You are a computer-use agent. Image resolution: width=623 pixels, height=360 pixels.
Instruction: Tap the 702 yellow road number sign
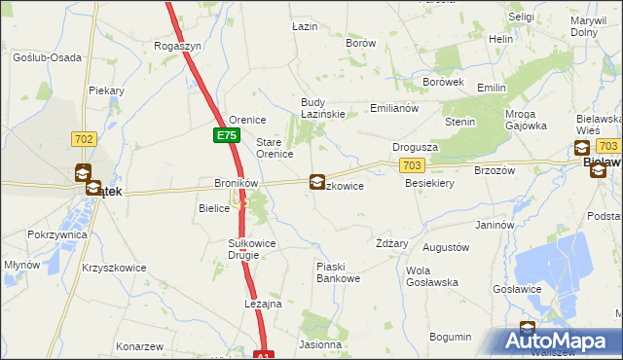click(x=84, y=139)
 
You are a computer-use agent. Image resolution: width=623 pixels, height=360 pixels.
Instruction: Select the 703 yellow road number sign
click(x=412, y=166)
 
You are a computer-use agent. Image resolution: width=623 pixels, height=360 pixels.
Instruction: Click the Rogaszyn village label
click(x=178, y=46)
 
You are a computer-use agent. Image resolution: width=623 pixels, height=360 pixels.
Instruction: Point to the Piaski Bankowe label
click(x=339, y=272)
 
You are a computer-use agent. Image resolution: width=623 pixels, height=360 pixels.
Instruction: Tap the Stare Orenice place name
click(x=275, y=148)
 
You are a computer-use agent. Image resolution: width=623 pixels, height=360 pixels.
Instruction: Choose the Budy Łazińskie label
click(x=323, y=108)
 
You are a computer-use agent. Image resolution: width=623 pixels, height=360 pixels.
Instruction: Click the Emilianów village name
click(x=394, y=108)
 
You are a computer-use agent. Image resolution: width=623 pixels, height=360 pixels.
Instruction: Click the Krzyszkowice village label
click(x=115, y=267)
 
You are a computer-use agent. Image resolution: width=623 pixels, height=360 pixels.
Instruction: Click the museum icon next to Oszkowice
click(x=317, y=181)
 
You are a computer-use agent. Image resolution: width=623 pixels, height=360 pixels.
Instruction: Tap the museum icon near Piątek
click(x=85, y=175)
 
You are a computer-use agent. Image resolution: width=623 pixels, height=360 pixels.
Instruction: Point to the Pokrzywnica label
click(x=56, y=235)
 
